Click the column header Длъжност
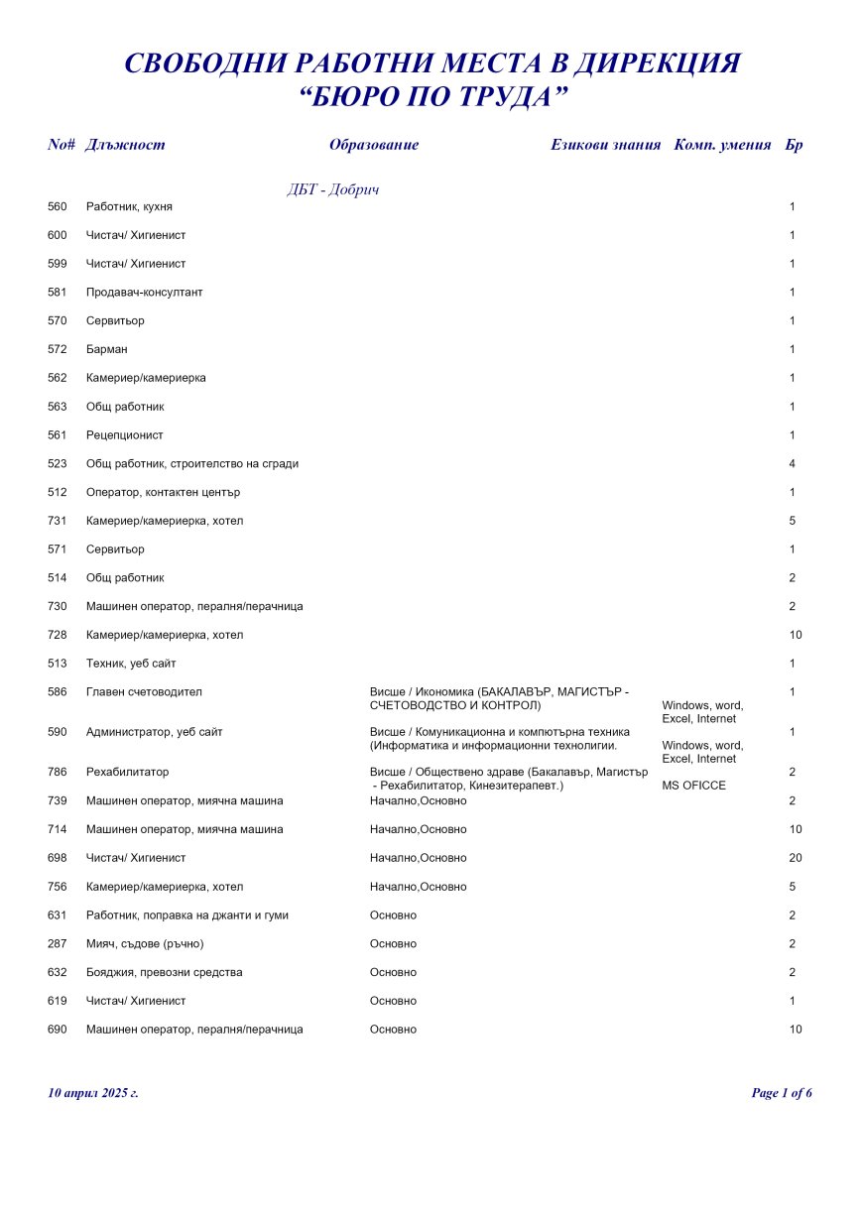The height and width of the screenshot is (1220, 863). (x=126, y=145)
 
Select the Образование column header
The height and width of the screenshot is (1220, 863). (x=374, y=145)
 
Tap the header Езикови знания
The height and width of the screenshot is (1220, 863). (x=605, y=145)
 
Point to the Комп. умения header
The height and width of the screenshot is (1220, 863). (x=722, y=145)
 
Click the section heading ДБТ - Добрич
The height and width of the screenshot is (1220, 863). (x=333, y=190)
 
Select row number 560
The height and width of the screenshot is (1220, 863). (x=58, y=207)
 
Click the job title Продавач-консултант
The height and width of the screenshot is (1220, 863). (x=145, y=293)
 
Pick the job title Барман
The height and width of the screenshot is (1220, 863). (x=107, y=349)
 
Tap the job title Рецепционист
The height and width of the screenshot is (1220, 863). (x=125, y=435)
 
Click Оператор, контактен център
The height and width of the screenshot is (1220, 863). (x=164, y=493)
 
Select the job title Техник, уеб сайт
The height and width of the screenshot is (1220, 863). (x=131, y=664)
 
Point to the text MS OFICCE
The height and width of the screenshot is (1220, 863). (x=693, y=786)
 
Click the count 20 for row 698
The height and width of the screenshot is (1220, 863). (x=796, y=858)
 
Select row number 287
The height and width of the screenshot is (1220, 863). (x=58, y=944)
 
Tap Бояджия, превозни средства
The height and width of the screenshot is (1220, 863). (x=165, y=973)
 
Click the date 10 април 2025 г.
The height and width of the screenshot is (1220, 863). (x=93, y=1093)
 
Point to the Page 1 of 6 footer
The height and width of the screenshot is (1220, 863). (x=782, y=1093)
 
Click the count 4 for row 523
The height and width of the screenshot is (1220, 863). (x=793, y=464)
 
